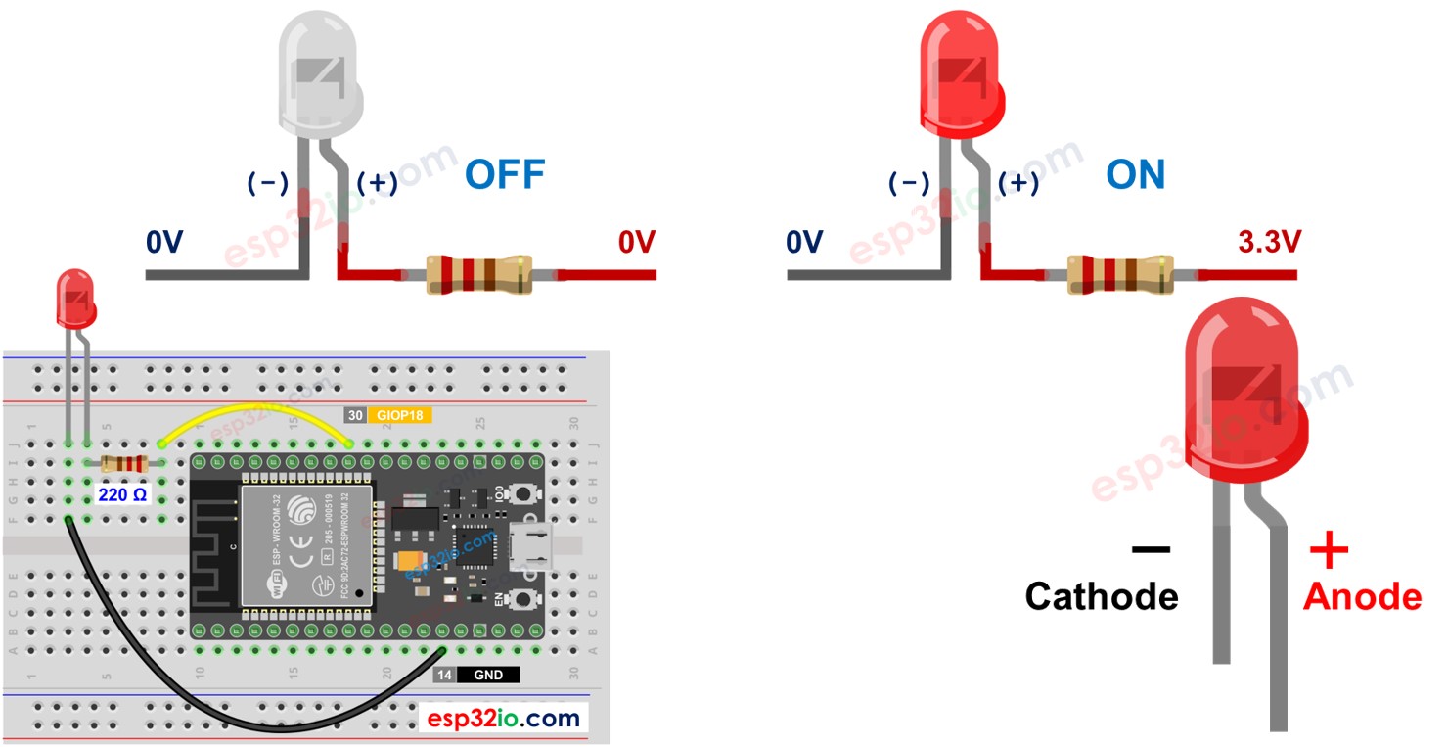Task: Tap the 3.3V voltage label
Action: [1269, 242]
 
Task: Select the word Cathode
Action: [1101, 595]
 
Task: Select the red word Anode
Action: [1362, 595]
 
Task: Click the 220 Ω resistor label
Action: [122, 495]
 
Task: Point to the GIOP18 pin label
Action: [399, 415]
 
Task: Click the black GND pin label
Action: [487, 675]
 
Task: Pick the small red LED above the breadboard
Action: [75, 299]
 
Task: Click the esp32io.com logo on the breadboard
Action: [503, 719]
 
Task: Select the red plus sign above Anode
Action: [1328, 551]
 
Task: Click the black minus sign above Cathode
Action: [1150, 550]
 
